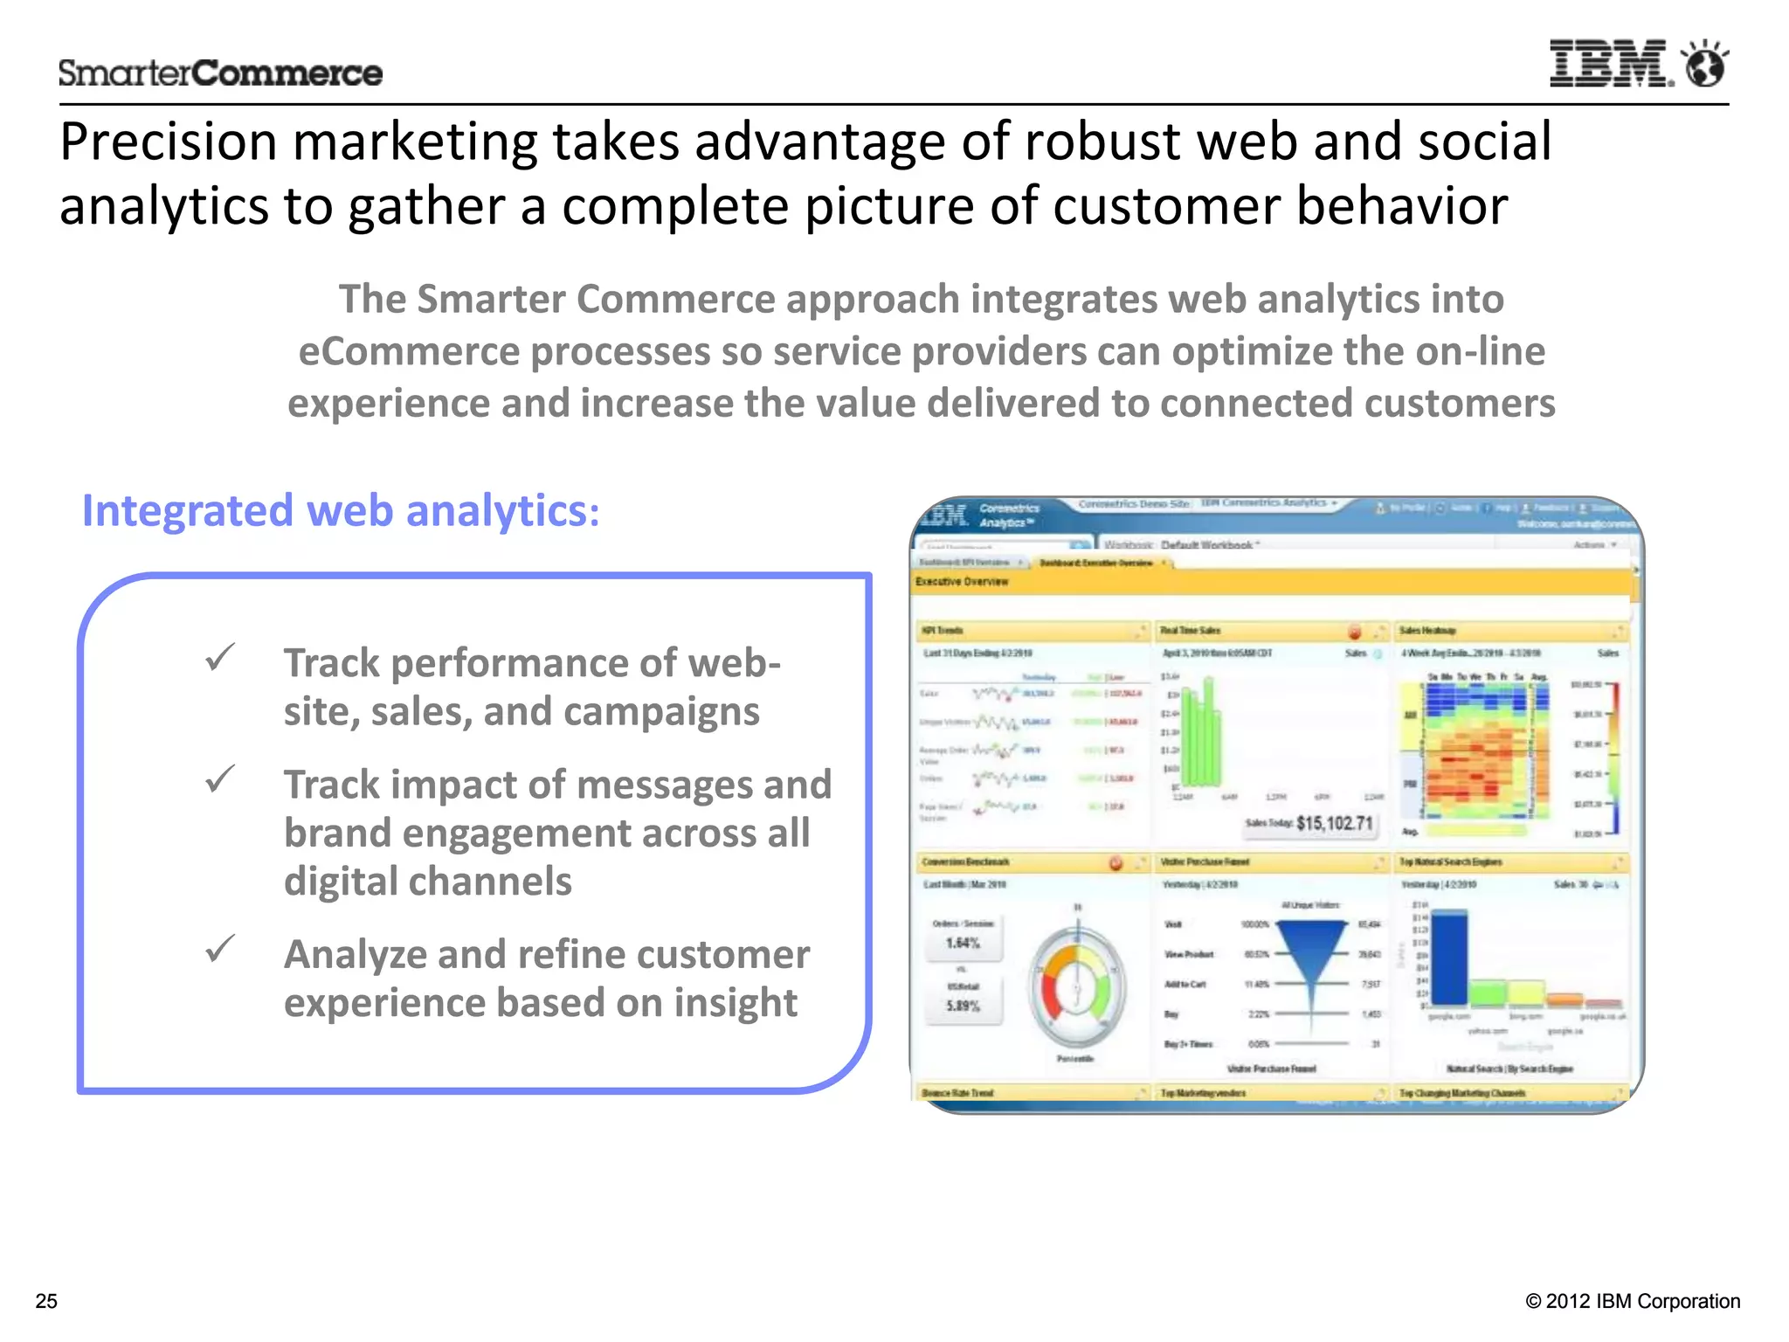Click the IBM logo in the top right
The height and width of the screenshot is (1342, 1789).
pyautogui.click(x=1610, y=64)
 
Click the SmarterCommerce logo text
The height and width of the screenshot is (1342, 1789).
pyautogui.click(x=220, y=73)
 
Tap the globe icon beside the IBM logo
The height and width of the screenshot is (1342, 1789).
pyautogui.click(x=1705, y=64)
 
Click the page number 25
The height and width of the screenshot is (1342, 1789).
pyautogui.click(x=46, y=1301)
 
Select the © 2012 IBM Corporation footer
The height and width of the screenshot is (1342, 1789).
pyautogui.click(x=1632, y=1301)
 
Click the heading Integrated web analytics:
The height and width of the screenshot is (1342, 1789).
pyautogui.click(x=341, y=510)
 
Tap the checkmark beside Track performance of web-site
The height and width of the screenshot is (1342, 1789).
pyautogui.click(x=220, y=657)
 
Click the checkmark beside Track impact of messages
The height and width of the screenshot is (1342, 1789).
pyautogui.click(x=220, y=778)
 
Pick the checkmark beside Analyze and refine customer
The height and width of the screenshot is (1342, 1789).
pyautogui.click(x=220, y=948)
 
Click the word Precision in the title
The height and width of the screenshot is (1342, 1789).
pyautogui.click(x=168, y=142)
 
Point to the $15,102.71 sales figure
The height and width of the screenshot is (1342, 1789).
pyautogui.click(x=1335, y=823)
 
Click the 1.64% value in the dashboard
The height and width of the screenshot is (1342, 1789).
pyautogui.click(x=963, y=944)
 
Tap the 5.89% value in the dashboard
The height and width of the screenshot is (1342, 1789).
pyautogui.click(x=963, y=1006)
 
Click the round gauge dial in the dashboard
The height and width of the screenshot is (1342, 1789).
pyautogui.click(x=1077, y=987)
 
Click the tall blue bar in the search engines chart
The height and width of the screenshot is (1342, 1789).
pyautogui.click(x=1450, y=957)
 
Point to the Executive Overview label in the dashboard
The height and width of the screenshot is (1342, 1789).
pyautogui.click(x=962, y=582)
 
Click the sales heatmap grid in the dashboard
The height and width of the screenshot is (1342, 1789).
pyautogui.click(x=1476, y=751)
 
